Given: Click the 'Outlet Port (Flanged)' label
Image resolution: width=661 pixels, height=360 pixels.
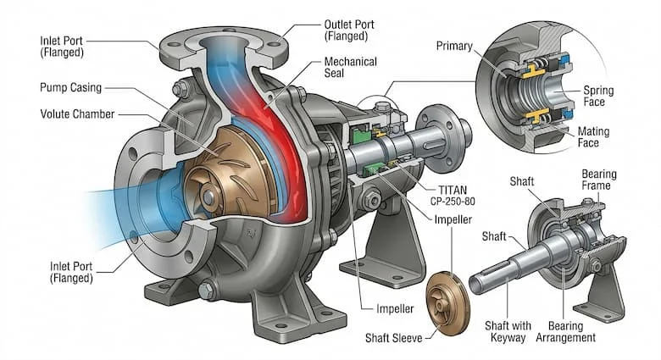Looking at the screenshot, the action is (x=349, y=30).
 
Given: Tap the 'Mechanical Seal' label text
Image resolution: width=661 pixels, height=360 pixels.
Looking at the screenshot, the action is (x=350, y=68).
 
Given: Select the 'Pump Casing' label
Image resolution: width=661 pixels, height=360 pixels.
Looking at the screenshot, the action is (x=71, y=88).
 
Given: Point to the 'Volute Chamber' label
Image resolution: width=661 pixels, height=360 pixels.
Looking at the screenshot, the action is (x=77, y=114).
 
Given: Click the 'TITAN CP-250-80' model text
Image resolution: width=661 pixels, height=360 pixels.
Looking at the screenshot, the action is (x=453, y=196).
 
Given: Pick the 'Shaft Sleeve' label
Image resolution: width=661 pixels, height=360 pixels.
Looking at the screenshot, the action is (x=394, y=338).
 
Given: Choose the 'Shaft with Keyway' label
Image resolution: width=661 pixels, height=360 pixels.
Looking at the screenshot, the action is (x=508, y=331).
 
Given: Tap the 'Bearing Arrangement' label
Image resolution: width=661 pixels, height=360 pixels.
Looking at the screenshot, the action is (x=566, y=331).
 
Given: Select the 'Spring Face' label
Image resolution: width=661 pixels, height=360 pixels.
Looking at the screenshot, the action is (x=598, y=96).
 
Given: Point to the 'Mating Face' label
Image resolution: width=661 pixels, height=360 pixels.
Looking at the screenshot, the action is (x=593, y=137).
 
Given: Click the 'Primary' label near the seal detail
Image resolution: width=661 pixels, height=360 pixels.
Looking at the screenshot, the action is (x=454, y=46).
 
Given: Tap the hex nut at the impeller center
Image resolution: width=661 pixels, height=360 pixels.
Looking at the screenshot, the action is (x=209, y=197).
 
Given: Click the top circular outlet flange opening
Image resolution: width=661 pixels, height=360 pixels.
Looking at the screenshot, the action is (x=223, y=42).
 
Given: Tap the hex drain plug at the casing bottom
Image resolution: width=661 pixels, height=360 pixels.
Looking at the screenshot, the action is (x=205, y=290).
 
